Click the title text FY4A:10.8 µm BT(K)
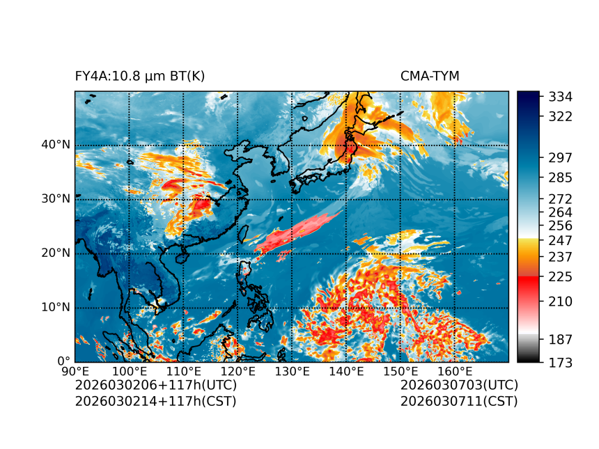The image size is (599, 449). coord(140,76)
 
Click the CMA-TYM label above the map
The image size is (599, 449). coord(430,76)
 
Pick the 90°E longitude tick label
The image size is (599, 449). coord(75,372)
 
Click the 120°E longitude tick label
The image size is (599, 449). coord(237,372)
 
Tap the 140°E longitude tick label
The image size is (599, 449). coord(346,372)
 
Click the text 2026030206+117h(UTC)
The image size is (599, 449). coord(156,385)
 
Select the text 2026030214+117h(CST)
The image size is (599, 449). coord(155,401)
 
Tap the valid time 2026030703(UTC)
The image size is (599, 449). coord(459,385)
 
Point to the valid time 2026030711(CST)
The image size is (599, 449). coord(459,401)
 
